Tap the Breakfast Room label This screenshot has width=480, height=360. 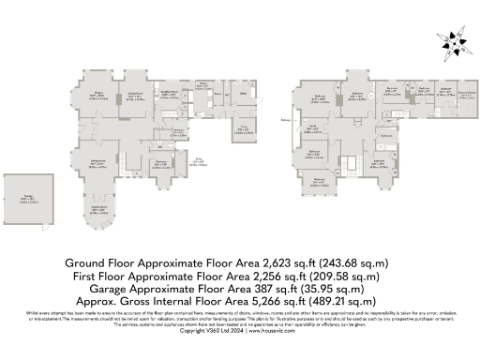169,93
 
